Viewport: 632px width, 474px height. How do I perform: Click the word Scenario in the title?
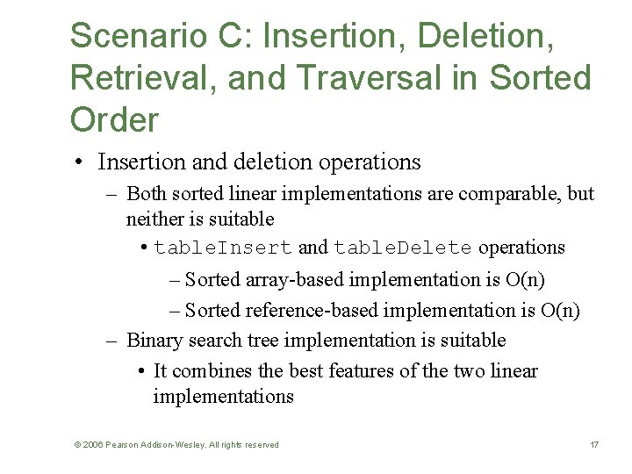[x=130, y=36]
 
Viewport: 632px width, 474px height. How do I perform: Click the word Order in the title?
[x=113, y=119]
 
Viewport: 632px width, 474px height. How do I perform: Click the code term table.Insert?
[x=223, y=248]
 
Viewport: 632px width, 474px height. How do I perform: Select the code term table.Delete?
[x=402, y=248]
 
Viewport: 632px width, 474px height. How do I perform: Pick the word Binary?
[x=154, y=341]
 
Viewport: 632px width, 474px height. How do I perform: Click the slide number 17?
[x=594, y=445]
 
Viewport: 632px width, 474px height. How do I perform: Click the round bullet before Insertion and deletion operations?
[x=79, y=162]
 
